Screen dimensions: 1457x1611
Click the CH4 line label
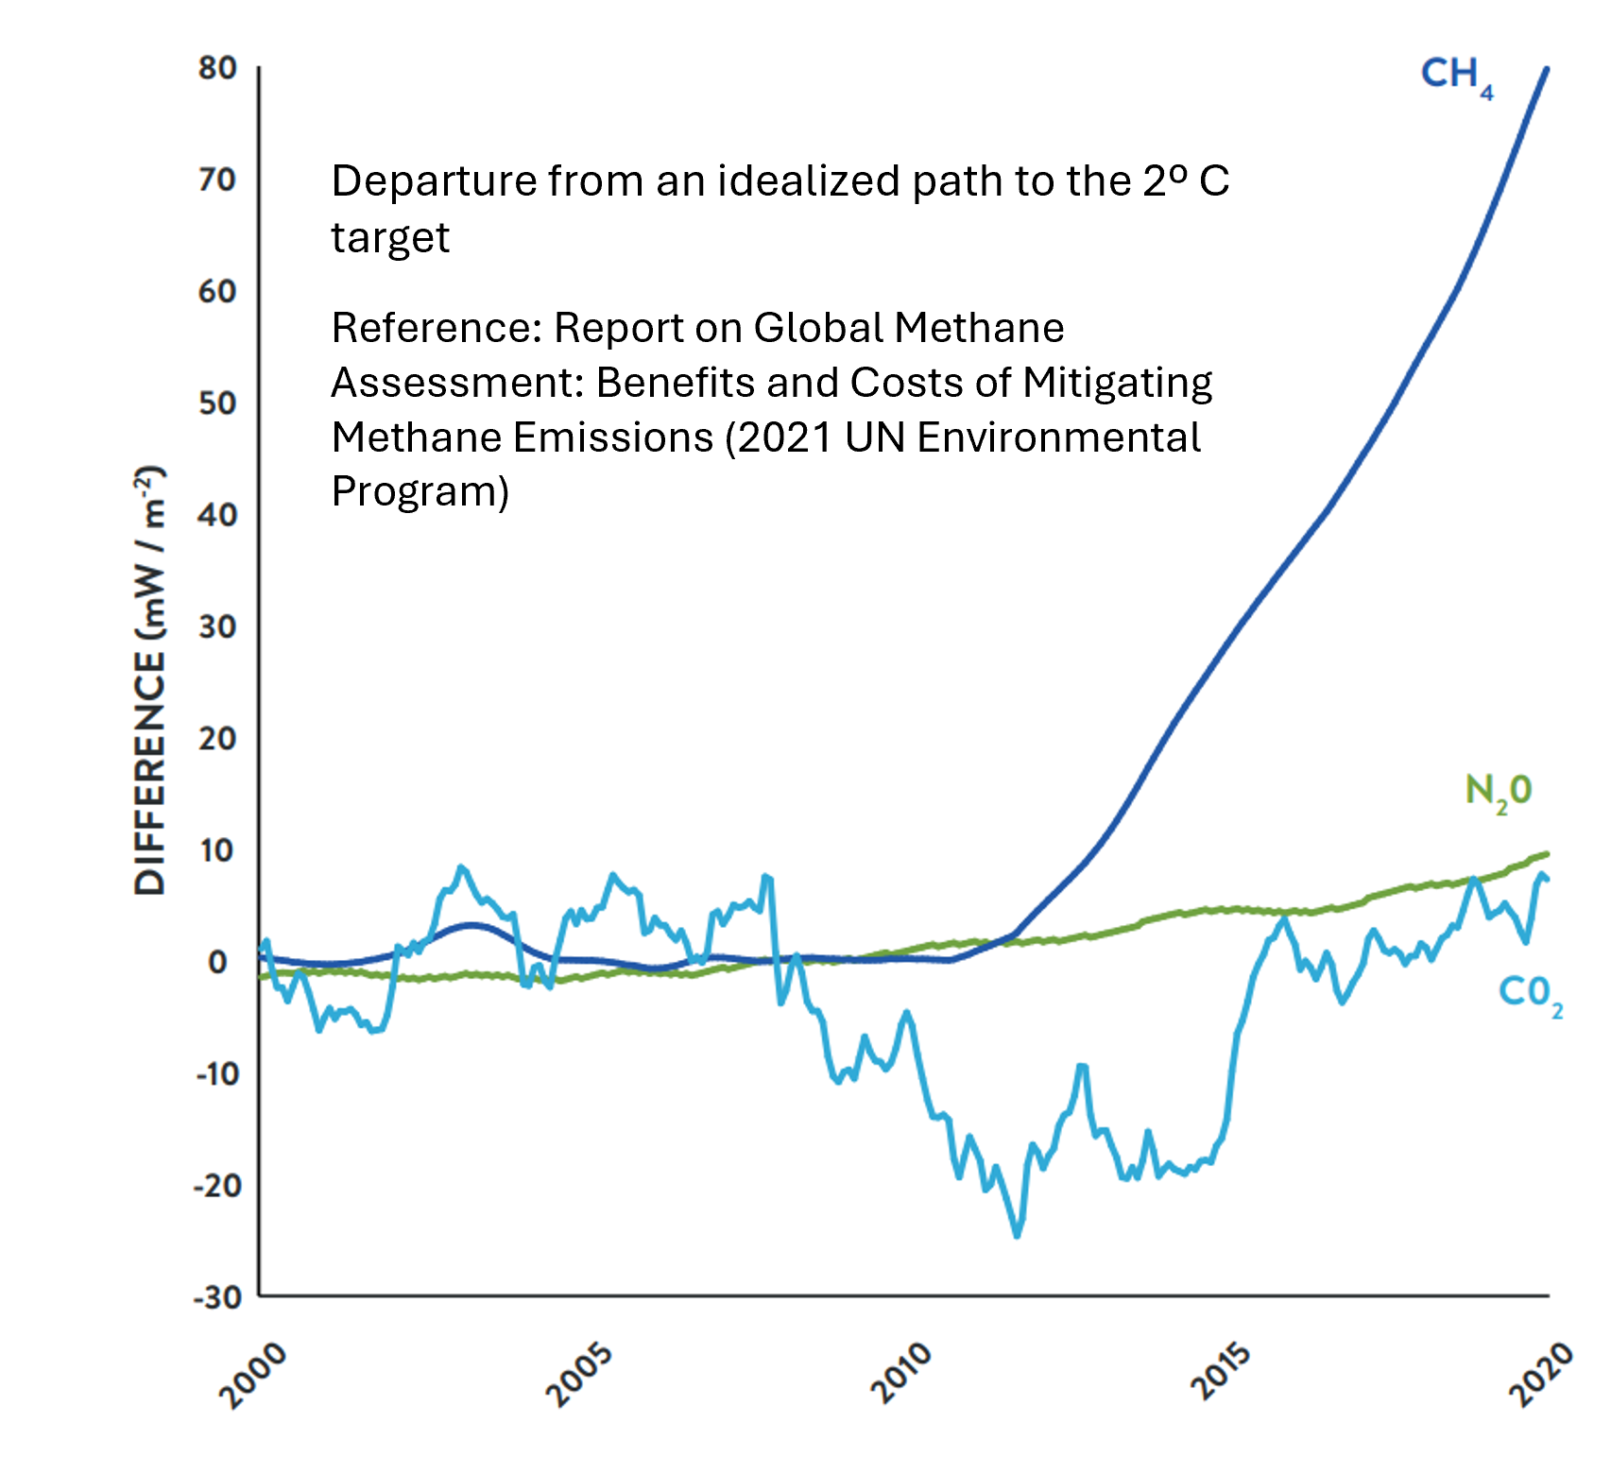pyautogui.click(x=1455, y=76)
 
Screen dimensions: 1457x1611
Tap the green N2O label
pyautogui.click(x=1498, y=792)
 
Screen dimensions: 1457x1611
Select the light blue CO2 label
pyautogui.click(x=1529, y=994)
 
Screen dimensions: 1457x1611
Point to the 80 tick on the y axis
pyautogui.click(x=217, y=68)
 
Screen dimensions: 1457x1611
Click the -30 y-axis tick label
pyautogui.click(x=216, y=1297)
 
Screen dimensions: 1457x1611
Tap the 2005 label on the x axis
pyautogui.click(x=579, y=1375)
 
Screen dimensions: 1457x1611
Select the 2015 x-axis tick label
pyautogui.click(x=1221, y=1372)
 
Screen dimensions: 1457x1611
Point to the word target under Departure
pyautogui.click(x=390, y=236)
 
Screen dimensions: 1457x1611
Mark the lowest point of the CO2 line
pyautogui.click(x=1018, y=1235)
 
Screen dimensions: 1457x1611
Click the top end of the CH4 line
pyautogui.click(x=1547, y=69)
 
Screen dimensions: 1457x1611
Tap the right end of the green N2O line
pyautogui.click(x=1546, y=854)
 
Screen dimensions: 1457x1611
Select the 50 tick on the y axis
pyautogui.click(x=217, y=403)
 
